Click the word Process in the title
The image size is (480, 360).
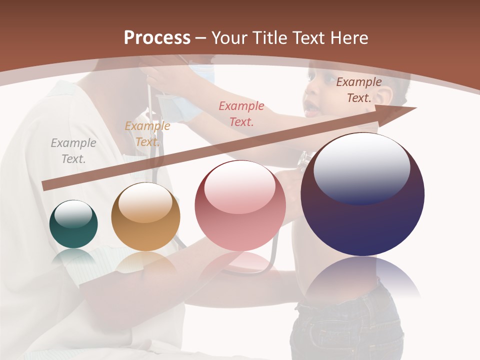[157, 37]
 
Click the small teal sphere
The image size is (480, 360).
[73, 224]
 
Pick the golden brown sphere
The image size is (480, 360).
[145, 217]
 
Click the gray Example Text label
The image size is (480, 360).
[73, 151]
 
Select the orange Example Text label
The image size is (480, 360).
[147, 134]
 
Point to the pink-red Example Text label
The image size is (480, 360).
[241, 113]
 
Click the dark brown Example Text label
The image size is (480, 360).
[359, 90]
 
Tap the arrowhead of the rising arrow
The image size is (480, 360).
[402, 111]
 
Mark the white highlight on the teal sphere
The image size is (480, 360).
[73, 214]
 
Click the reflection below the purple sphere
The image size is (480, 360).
[362, 277]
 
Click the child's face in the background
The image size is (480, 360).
[320, 97]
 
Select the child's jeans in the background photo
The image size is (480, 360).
[345, 325]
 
